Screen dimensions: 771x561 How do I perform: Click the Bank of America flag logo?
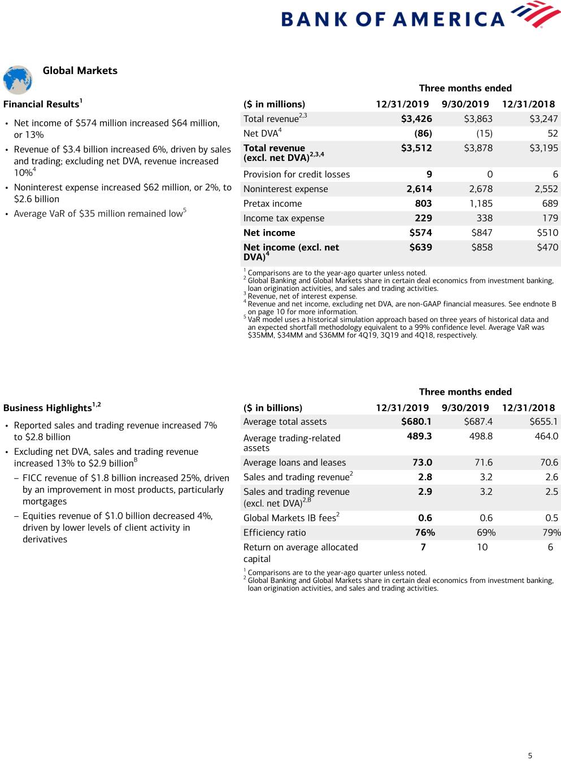coord(535,14)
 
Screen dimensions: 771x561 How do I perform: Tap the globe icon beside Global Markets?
coord(18,80)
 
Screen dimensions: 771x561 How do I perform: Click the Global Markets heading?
coord(80,71)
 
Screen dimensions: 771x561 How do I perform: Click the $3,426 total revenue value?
coord(416,119)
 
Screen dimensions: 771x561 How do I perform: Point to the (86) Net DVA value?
coord(423,133)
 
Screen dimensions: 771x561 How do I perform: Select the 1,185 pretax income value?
coord(481,203)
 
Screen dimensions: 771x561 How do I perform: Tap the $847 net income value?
coord(482,233)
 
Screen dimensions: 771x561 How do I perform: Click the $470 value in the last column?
coord(547,247)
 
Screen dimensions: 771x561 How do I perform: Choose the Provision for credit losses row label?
coord(297,175)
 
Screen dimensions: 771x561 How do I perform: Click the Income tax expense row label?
coord(284,218)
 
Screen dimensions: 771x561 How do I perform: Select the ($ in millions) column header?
coord(274,104)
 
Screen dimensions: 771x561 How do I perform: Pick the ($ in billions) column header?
coord(273,408)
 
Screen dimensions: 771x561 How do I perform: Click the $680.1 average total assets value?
coord(416,421)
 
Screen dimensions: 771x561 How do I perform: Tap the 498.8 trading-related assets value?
coord(481,436)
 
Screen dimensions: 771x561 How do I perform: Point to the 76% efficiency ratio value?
coord(425,533)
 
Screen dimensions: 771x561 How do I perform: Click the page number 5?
coord(530,756)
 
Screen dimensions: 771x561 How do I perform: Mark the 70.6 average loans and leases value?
coord(549,463)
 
